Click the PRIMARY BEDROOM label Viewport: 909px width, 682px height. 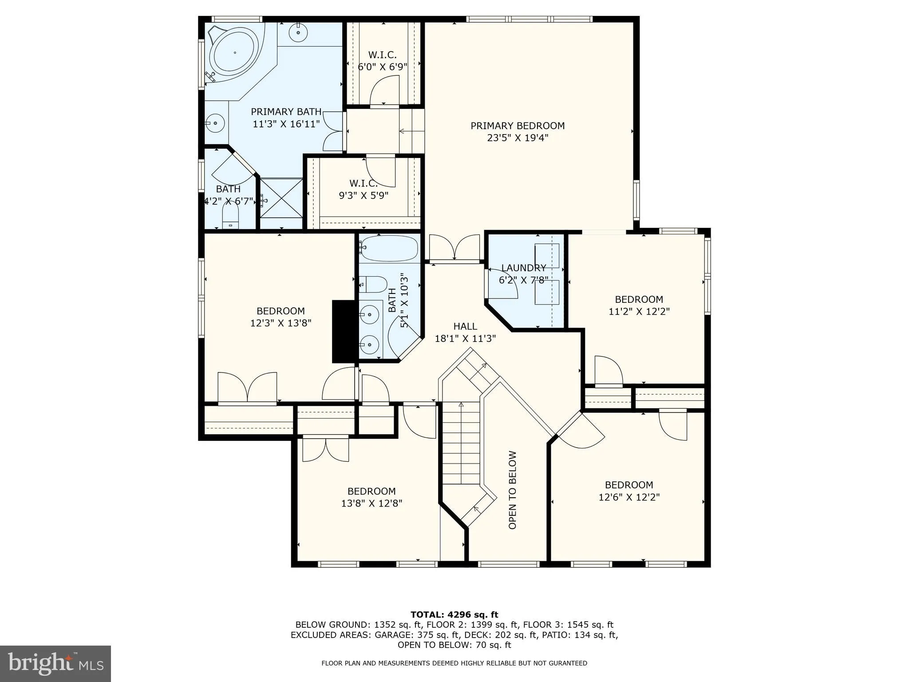point(518,132)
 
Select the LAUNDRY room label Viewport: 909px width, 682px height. point(524,274)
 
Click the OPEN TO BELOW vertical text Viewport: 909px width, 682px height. point(513,490)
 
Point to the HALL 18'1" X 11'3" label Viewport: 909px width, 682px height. point(465,333)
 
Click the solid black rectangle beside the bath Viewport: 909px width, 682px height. point(345,331)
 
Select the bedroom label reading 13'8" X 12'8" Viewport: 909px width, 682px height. point(372,497)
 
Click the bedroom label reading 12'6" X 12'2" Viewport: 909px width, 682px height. point(629,491)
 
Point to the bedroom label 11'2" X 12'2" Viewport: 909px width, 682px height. point(639,305)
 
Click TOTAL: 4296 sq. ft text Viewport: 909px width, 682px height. point(454,615)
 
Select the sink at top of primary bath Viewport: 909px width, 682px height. point(298,32)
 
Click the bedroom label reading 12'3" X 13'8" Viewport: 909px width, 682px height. point(281,317)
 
